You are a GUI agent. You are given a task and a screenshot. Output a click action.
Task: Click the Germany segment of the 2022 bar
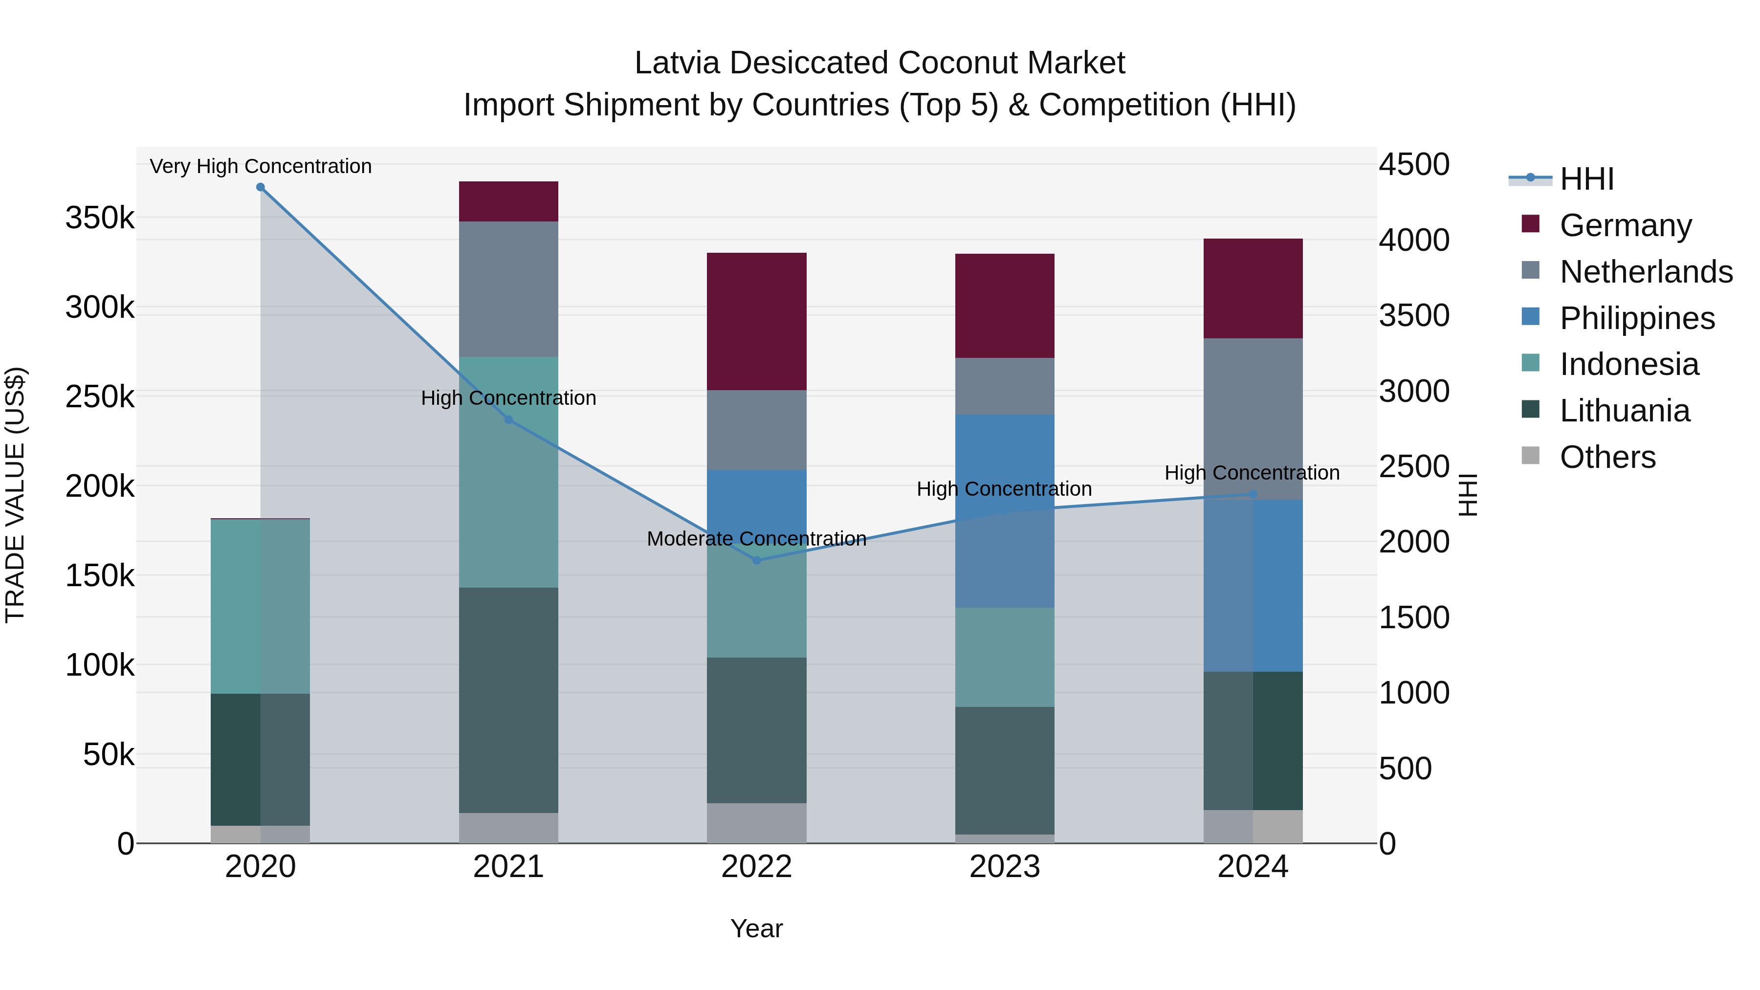(x=756, y=321)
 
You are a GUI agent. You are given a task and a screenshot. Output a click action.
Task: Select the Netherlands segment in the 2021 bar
(x=508, y=288)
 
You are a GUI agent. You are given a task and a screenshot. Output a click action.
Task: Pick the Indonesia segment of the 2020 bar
(x=260, y=606)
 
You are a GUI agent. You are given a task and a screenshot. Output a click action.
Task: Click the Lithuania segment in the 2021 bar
(x=508, y=700)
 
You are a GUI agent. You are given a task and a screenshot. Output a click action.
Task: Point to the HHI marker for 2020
(x=260, y=187)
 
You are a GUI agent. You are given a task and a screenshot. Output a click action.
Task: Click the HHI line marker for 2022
(x=756, y=560)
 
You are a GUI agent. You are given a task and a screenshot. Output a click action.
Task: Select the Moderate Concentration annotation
(x=756, y=539)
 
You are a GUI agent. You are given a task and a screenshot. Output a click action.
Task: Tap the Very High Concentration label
(x=260, y=167)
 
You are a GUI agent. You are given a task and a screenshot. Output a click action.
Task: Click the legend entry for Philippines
(x=1637, y=318)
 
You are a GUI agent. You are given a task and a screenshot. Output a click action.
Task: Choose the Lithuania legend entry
(x=1625, y=411)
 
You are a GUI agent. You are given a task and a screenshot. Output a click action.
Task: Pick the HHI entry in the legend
(x=1586, y=179)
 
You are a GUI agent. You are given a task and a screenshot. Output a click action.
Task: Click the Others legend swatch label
(x=1607, y=457)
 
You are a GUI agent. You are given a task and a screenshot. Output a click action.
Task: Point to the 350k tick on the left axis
(x=100, y=219)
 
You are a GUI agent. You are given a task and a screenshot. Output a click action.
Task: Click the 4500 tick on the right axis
(x=1413, y=165)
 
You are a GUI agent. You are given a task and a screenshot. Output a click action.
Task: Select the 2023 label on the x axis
(x=1004, y=867)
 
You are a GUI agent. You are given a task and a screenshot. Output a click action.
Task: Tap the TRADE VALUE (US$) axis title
(x=15, y=495)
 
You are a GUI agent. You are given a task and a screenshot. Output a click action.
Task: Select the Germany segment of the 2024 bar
(x=1253, y=288)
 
